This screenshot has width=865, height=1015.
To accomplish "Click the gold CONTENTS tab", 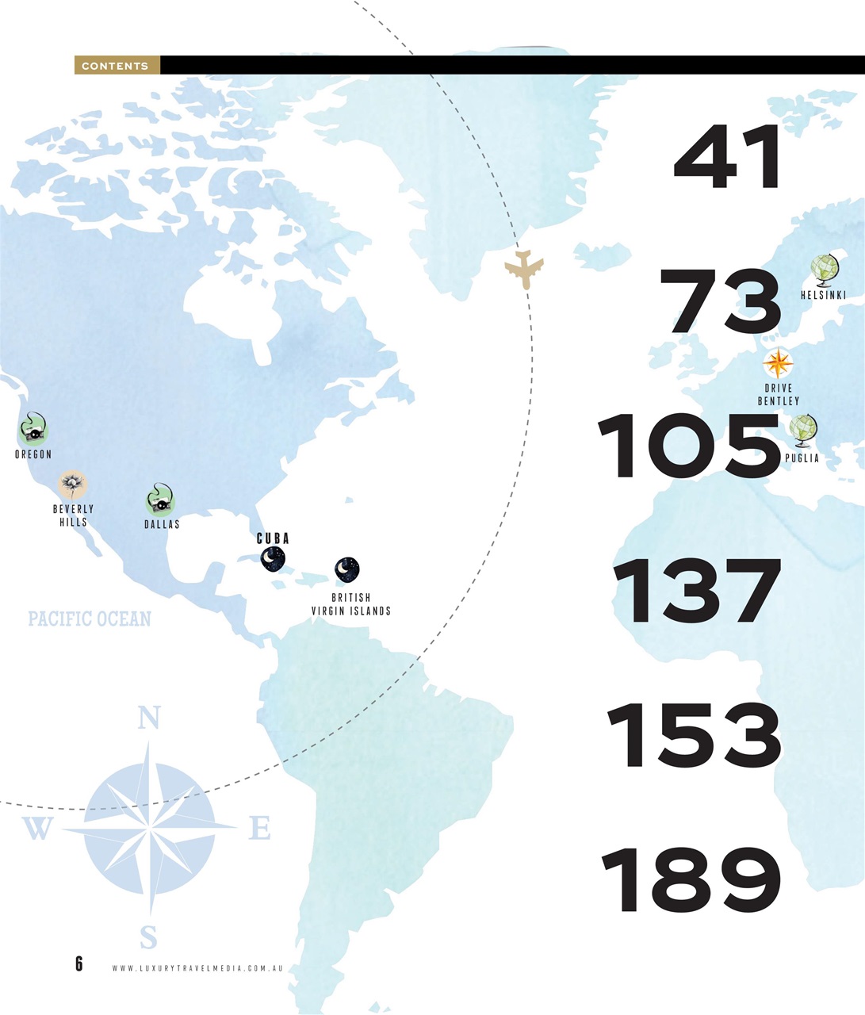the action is coord(116,65).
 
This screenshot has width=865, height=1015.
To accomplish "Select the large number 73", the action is coord(720,302).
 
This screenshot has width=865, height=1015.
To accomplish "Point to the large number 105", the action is coord(689,446).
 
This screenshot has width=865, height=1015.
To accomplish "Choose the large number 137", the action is coord(697,592).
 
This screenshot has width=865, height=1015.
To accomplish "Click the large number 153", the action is coord(695,735).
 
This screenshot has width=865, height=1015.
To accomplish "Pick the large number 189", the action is coord(691,880).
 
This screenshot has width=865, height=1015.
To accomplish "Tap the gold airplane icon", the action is coord(524,269).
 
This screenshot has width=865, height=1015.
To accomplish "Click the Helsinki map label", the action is coord(823,295).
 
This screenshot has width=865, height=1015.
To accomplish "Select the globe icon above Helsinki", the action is coord(825,270).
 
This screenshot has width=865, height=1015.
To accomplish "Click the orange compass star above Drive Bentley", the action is coord(778,364).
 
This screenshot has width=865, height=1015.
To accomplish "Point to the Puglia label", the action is coord(802,458).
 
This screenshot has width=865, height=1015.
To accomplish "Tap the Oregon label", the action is coord(33,454).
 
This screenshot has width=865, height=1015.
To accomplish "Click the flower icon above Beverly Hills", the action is coord(73,484).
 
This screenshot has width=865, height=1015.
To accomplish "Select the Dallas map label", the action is coord(162,524).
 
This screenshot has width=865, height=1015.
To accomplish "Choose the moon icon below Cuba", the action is coord(273,559).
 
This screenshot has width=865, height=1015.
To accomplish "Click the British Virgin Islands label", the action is coord(350,604).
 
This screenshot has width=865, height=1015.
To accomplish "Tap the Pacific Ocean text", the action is coord(90,619).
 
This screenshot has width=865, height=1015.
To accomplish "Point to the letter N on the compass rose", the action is coord(148,718).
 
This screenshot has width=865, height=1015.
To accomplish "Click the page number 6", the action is coord(78,963).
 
